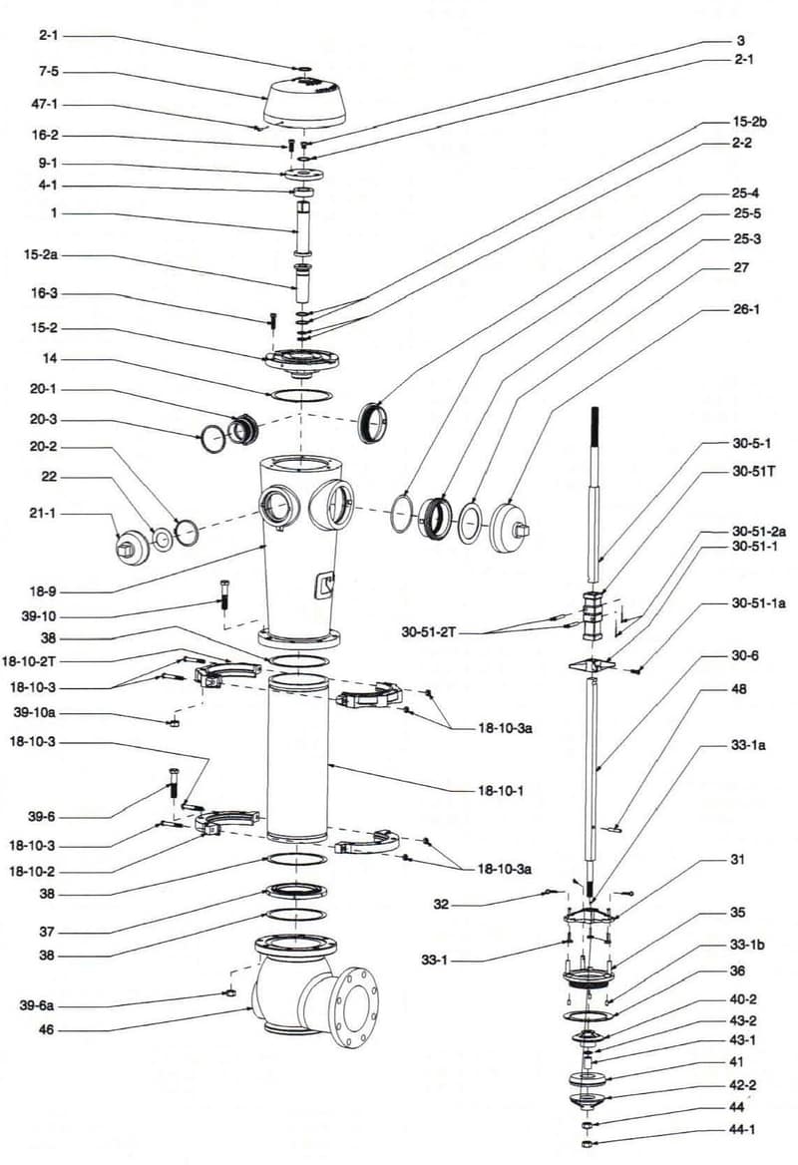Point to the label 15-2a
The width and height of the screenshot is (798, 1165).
click(x=40, y=256)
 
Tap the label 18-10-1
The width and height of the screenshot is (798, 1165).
click(x=504, y=790)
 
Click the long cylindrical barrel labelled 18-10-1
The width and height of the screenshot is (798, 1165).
click(x=296, y=758)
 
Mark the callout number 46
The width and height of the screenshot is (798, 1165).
click(x=46, y=1028)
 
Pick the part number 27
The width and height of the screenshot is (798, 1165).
click(x=740, y=267)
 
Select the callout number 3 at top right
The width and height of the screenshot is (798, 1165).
click(x=740, y=41)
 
